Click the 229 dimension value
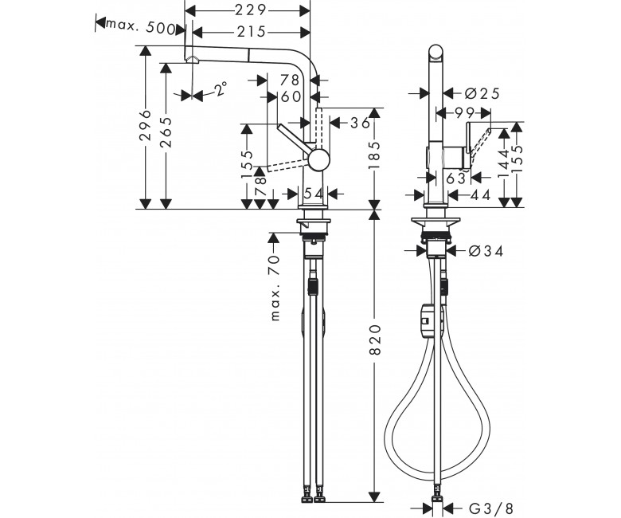click(250, 10)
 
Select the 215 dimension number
click(251, 32)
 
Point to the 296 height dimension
click(146, 125)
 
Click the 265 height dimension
click(166, 132)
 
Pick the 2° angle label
click(221, 88)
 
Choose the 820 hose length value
click(375, 339)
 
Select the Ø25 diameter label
click(482, 93)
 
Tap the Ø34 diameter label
click(486, 251)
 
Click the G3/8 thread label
click(491, 508)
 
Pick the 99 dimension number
click(464, 113)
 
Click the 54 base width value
click(313, 194)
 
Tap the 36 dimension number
click(360, 123)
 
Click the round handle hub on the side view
click(318, 160)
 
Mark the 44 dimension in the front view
click(480, 194)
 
